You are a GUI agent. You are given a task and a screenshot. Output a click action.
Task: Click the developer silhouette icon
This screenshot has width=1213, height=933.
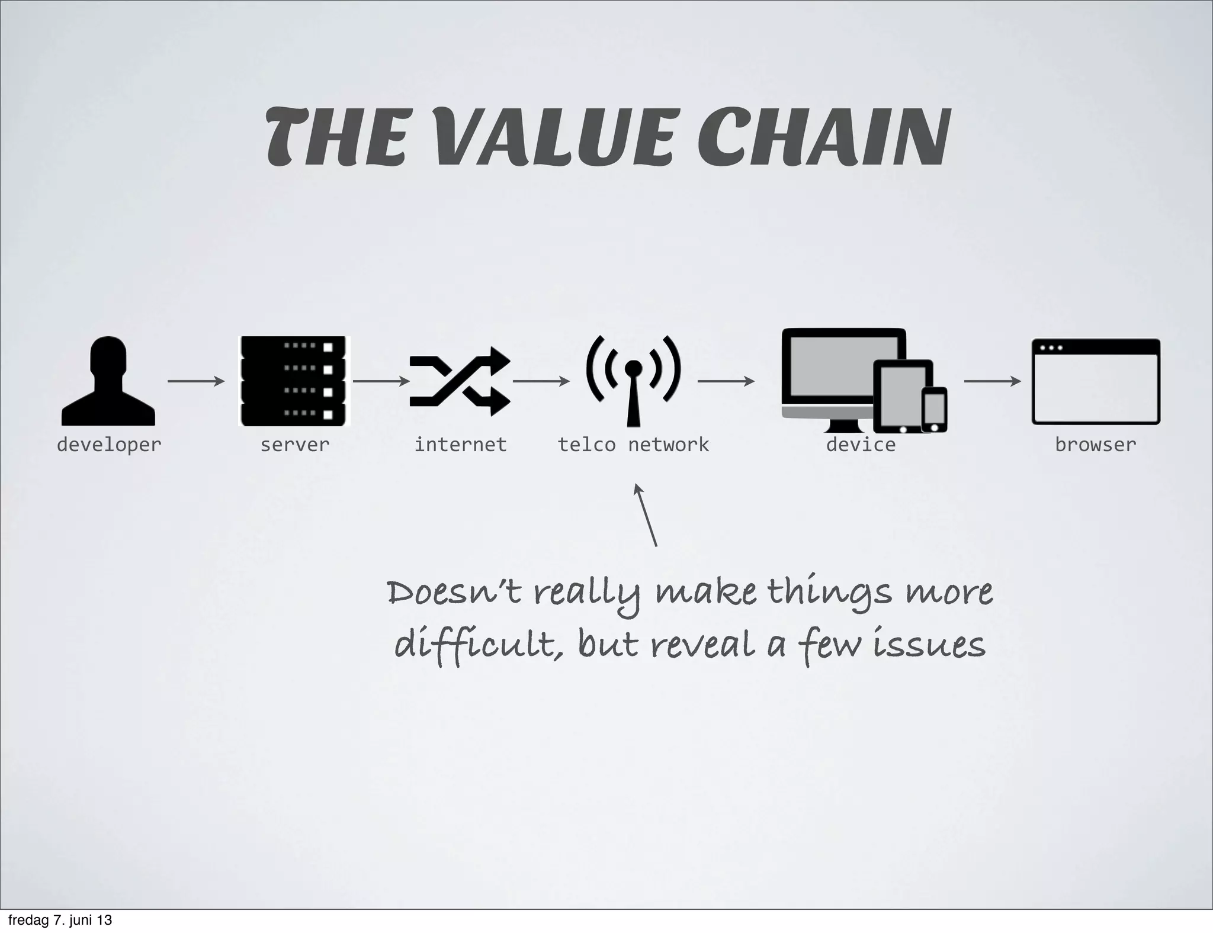108,381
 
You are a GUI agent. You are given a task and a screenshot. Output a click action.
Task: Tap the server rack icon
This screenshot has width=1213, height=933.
294,381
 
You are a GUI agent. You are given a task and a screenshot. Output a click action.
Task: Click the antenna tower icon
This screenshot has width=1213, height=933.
633,380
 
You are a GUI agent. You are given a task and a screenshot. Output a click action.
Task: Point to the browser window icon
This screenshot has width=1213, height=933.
1096,381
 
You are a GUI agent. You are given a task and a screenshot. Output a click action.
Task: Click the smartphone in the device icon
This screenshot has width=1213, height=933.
935,409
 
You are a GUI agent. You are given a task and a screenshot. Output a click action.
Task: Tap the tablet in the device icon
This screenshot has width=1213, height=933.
903,396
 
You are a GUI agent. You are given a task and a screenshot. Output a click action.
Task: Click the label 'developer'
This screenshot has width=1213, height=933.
109,445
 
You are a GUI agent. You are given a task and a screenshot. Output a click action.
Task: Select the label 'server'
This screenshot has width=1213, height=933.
295,445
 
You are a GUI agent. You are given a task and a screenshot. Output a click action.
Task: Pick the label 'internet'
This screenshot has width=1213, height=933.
460,445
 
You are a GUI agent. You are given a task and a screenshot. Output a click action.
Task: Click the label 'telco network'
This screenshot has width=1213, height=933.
633,445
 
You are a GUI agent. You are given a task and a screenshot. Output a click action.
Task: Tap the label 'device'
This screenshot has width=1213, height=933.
861,445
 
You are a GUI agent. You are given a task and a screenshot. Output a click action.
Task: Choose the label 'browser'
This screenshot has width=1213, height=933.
1096,445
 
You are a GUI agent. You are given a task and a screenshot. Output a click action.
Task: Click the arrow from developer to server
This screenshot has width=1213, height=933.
196,381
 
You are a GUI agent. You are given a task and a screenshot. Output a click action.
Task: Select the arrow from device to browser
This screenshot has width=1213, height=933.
993,381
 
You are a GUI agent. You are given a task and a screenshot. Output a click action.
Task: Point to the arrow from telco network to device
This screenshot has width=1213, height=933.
726,381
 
